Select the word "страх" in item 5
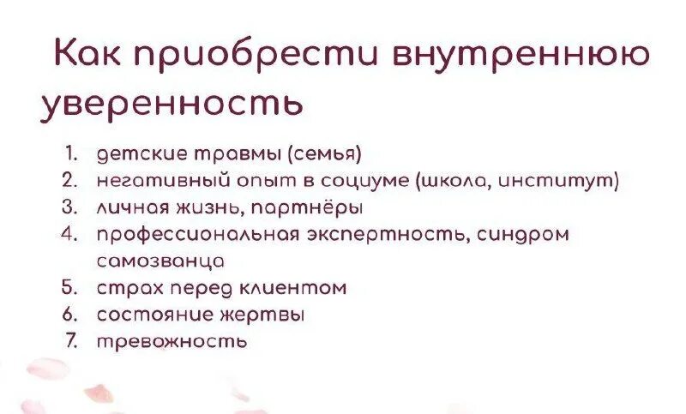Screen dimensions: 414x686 124,287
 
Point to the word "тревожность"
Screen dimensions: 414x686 171,340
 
